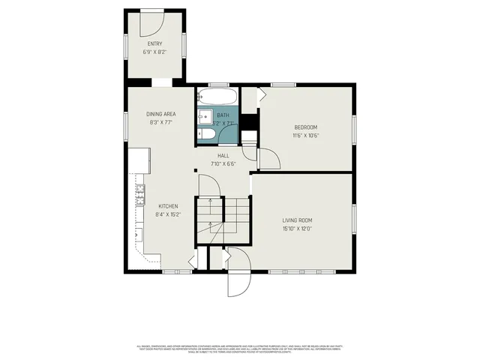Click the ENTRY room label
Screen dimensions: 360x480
(154, 44)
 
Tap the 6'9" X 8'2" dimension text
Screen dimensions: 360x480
(154, 52)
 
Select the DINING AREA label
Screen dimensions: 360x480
(161, 113)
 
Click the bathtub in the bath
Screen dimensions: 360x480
(217, 97)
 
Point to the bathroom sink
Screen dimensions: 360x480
(203, 118)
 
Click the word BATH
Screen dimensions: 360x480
(223, 115)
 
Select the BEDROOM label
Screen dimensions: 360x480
(305, 127)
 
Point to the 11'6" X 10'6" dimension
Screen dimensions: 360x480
(305, 136)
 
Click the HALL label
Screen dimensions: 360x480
(223, 155)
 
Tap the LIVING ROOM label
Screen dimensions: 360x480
(297, 220)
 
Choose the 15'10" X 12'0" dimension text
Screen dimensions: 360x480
(297, 229)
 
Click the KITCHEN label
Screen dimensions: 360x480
(168, 205)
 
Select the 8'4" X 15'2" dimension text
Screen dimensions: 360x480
(168, 214)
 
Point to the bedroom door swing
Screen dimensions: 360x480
(268, 158)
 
